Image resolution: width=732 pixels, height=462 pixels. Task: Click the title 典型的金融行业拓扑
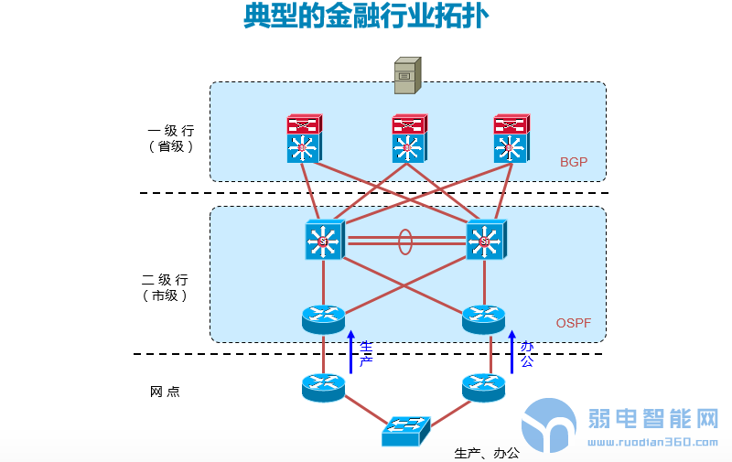tap(365, 16)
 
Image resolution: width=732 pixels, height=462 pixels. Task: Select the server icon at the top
tap(407, 75)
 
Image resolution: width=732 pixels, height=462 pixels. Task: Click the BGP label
tap(574, 162)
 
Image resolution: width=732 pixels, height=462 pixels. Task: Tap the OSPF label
tap(575, 323)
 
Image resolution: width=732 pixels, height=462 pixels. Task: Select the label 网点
tap(165, 392)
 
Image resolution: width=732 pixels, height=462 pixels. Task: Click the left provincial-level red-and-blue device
tap(303, 139)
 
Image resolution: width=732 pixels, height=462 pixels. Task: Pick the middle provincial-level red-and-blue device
tap(408, 139)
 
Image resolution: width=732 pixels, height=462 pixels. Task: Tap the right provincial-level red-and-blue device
tap(511, 139)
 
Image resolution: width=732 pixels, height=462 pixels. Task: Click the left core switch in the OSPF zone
tap(324, 241)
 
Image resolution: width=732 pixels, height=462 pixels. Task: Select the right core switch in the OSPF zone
tap(484, 241)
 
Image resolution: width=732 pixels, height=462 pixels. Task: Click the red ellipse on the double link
tap(404, 242)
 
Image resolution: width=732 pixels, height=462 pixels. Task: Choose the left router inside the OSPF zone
tap(324, 318)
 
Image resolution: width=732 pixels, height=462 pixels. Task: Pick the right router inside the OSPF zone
tap(484, 318)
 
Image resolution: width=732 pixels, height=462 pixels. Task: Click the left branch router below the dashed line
tap(324, 387)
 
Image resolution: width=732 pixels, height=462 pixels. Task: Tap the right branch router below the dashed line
tap(484, 387)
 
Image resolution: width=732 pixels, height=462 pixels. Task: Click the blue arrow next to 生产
tap(350, 352)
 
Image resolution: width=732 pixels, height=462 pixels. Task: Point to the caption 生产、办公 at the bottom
tap(487, 453)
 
